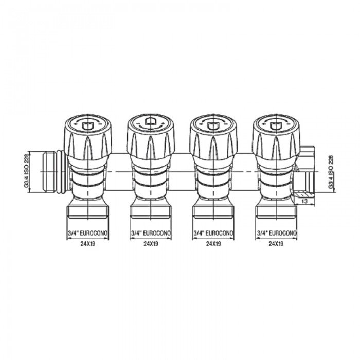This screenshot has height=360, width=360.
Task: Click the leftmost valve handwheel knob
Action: click(88, 135)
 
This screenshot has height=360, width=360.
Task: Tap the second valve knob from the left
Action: click(151, 135)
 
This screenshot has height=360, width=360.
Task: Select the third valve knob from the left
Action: click(213, 135)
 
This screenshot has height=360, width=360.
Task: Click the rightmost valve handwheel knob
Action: click(276, 135)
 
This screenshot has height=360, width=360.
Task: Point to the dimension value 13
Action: click(305, 201)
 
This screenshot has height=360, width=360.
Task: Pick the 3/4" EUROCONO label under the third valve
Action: click(213, 233)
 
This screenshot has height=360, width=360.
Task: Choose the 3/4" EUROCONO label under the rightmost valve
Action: click(277, 233)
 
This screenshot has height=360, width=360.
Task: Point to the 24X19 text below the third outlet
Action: click(213, 245)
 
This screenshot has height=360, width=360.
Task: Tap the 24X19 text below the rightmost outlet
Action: click(277, 245)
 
